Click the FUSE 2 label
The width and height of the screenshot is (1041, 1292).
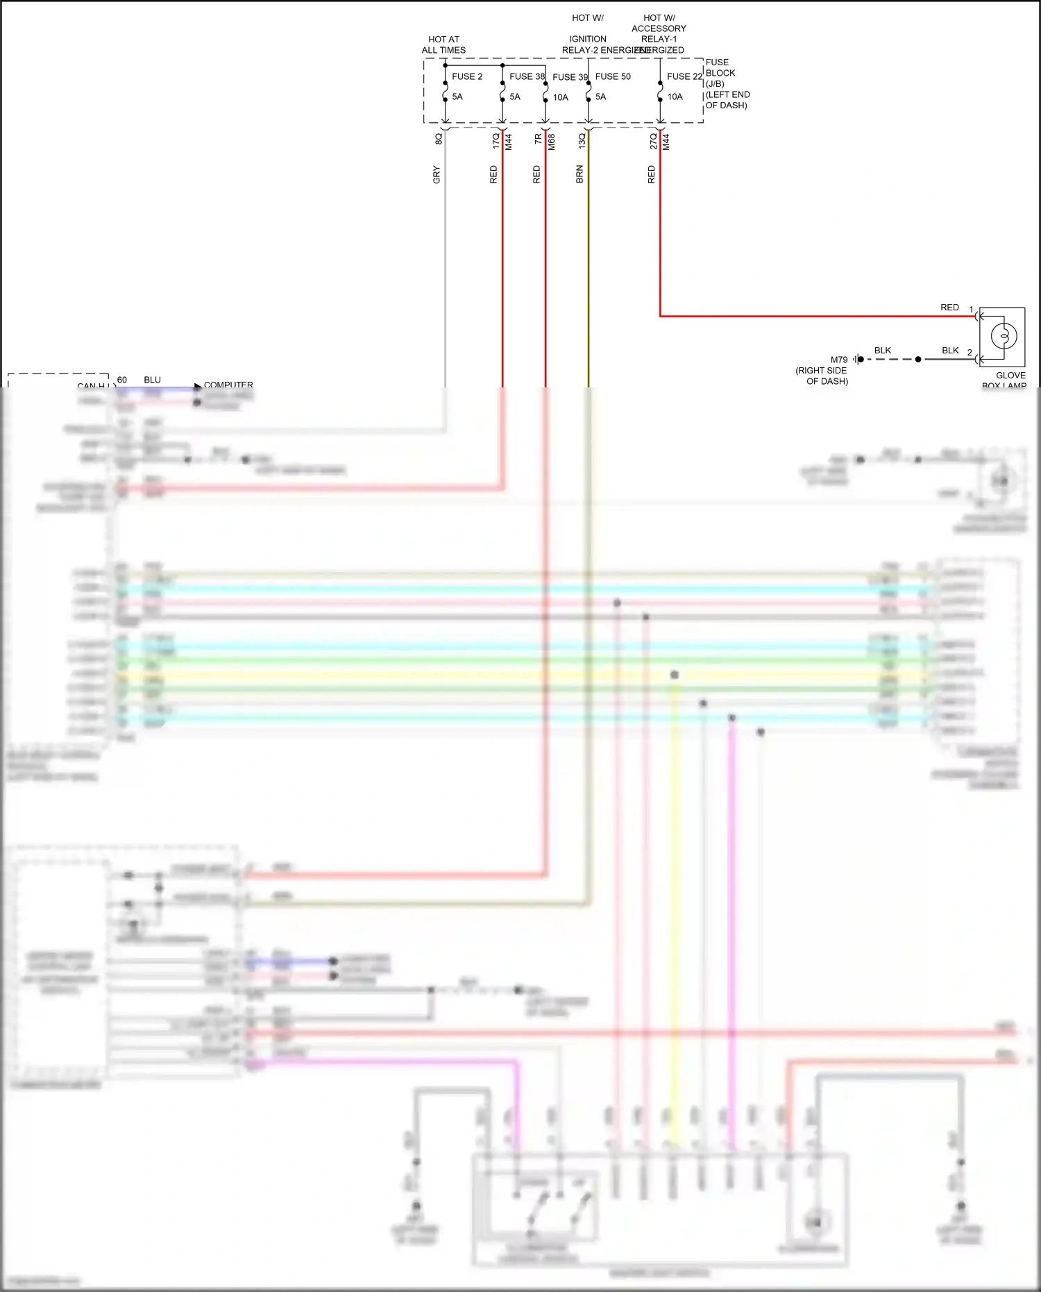pos(466,76)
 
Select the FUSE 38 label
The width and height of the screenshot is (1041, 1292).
pos(527,76)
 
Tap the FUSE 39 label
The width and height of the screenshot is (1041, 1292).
pos(570,77)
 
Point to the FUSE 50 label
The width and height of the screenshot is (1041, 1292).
pos(613,76)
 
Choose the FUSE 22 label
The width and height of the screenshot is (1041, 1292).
pos(684,76)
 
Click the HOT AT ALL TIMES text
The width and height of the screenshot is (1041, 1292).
pos(443,44)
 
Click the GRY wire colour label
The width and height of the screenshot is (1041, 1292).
pos(437,174)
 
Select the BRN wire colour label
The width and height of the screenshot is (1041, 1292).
pos(579,174)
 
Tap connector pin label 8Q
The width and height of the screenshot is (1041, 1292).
pos(439,139)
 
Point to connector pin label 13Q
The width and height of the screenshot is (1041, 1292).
pos(582,141)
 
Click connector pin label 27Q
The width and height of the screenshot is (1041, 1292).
pos(653,141)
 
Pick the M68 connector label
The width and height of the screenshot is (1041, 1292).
pos(552,142)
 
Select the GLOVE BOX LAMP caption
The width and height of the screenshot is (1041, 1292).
pos(1007,380)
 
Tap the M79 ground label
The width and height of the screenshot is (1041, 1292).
pos(839,360)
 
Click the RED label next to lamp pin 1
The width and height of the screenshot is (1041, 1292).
pos(949,307)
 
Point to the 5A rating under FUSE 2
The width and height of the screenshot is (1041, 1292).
pos(457,97)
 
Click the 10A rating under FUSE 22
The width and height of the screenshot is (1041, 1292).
pos(675,97)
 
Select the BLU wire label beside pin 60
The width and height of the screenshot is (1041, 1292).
pos(152,380)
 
